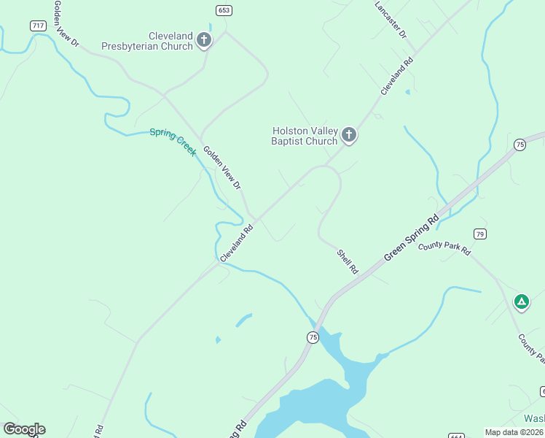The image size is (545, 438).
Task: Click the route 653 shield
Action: [x=224, y=9]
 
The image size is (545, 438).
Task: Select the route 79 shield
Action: [x=479, y=234]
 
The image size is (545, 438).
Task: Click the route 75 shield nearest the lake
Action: [x=313, y=337]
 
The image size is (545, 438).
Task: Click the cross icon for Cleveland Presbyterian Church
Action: [x=204, y=40]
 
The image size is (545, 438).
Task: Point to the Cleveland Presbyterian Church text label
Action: [x=170, y=41]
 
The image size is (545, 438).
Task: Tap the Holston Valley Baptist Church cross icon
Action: [x=349, y=135]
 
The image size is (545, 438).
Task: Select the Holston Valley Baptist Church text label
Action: [x=305, y=136]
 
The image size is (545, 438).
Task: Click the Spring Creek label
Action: [x=173, y=142]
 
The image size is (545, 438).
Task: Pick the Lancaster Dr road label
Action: [x=391, y=20]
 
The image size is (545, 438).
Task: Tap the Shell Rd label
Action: [x=348, y=261]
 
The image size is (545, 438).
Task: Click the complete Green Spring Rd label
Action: [x=412, y=237]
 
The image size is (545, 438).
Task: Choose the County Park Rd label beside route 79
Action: [x=444, y=248]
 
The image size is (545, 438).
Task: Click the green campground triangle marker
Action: [x=521, y=301]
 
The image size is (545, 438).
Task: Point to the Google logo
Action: [x=24, y=429]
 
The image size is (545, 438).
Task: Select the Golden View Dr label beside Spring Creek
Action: [x=221, y=168]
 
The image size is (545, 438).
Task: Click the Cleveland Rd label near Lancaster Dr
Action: [x=397, y=76]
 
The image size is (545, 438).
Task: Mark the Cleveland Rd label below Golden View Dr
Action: [x=237, y=243]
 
